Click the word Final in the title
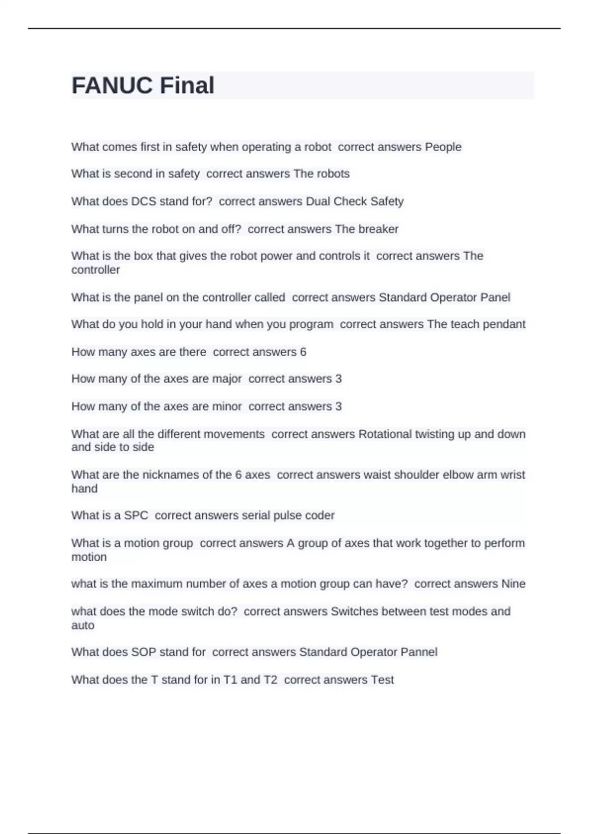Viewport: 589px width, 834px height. pos(187,85)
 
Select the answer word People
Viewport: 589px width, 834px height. pos(443,147)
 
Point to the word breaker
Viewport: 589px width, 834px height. pos(378,229)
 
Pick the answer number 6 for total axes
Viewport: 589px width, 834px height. pos(303,352)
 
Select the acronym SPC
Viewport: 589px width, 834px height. pos(136,516)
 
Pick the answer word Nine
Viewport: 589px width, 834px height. pos(513,584)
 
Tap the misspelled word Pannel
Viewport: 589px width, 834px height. pos(419,652)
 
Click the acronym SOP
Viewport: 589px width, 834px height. pos(143,652)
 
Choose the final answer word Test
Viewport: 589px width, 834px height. pos(382,680)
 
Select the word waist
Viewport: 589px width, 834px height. pos(376,475)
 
